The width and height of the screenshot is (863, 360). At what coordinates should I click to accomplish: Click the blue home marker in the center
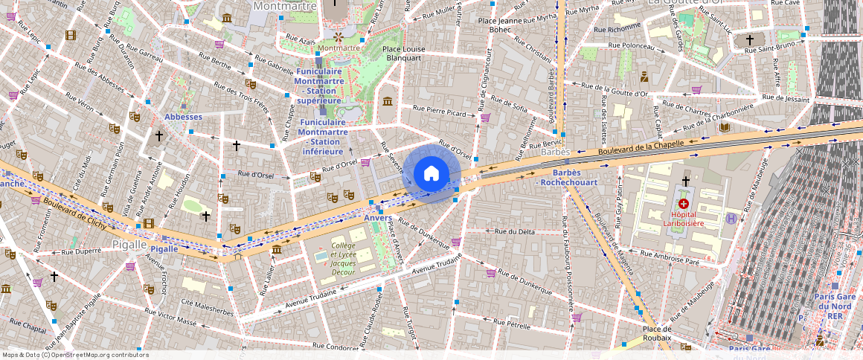point(431,174)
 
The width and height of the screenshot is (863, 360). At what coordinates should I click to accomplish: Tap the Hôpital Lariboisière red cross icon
point(683,203)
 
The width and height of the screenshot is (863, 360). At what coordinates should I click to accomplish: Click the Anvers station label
point(378,218)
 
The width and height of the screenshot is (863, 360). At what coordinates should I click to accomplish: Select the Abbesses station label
point(183,117)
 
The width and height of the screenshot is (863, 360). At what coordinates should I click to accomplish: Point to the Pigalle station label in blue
point(164,248)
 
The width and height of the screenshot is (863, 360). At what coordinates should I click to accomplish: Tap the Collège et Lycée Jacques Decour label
point(343,258)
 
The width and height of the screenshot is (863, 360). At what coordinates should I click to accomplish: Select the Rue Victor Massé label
point(172,319)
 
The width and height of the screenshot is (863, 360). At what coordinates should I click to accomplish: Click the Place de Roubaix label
point(657,333)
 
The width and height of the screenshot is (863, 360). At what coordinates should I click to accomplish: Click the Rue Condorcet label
point(336,346)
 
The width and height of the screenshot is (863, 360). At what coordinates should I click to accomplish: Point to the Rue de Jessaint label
point(786,98)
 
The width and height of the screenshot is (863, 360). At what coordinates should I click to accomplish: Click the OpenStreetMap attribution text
point(75,355)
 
